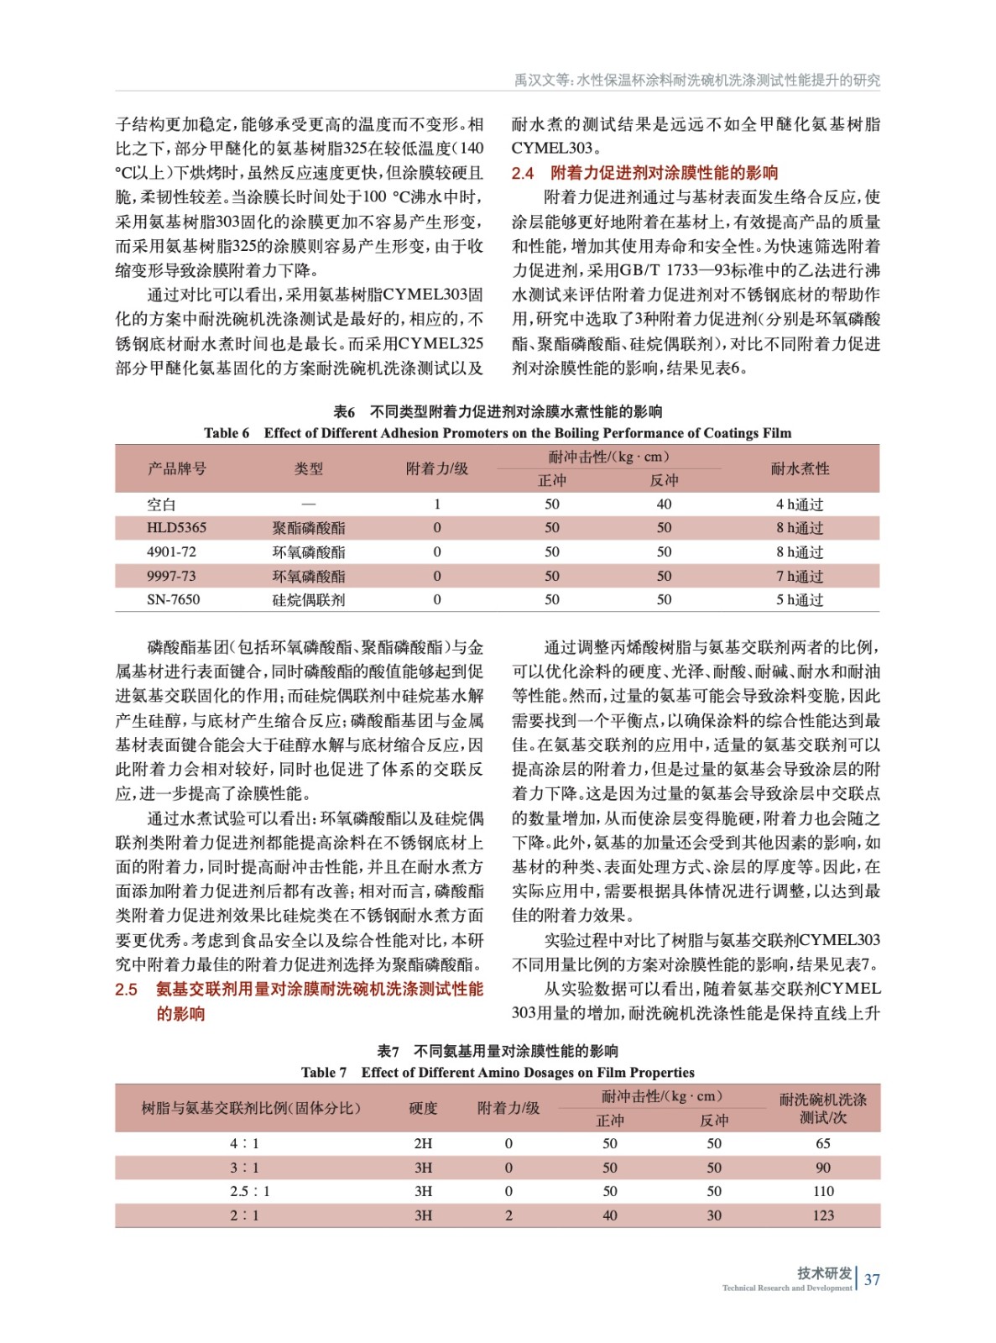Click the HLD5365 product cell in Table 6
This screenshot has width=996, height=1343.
pyautogui.click(x=176, y=528)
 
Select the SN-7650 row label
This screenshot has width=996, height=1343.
pyautogui.click(x=173, y=600)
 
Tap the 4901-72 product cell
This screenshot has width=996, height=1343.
pyautogui.click(x=171, y=552)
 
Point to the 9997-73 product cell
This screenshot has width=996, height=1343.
pyautogui.click(x=171, y=577)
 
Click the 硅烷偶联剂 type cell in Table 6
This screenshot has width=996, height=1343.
pyautogui.click(x=308, y=600)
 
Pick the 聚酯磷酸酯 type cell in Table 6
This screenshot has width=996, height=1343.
pyautogui.click(x=308, y=528)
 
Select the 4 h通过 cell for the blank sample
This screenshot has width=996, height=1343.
pyautogui.click(x=799, y=504)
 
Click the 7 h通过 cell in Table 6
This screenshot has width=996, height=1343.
pyautogui.click(x=799, y=577)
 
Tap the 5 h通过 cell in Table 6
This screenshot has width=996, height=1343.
pyautogui.click(x=799, y=600)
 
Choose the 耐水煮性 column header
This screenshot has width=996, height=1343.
pyautogui.click(x=799, y=468)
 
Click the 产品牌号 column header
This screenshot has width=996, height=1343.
pyautogui.click(x=176, y=468)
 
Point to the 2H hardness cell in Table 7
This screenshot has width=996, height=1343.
pyautogui.click(x=423, y=1143)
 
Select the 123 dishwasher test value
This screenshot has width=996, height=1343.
pyautogui.click(x=822, y=1215)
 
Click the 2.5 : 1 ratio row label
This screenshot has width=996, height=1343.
pyautogui.click(x=249, y=1191)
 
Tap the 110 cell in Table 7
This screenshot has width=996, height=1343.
pyautogui.click(x=822, y=1191)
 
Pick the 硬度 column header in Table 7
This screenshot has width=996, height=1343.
pyautogui.click(x=423, y=1108)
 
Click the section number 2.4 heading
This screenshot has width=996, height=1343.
pyautogui.click(x=523, y=173)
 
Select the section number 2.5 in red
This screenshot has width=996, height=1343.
pyautogui.click(x=126, y=990)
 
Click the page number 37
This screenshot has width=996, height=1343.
pyautogui.click(x=872, y=1279)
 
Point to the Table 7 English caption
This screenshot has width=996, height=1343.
pyautogui.click(x=498, y=1072)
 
